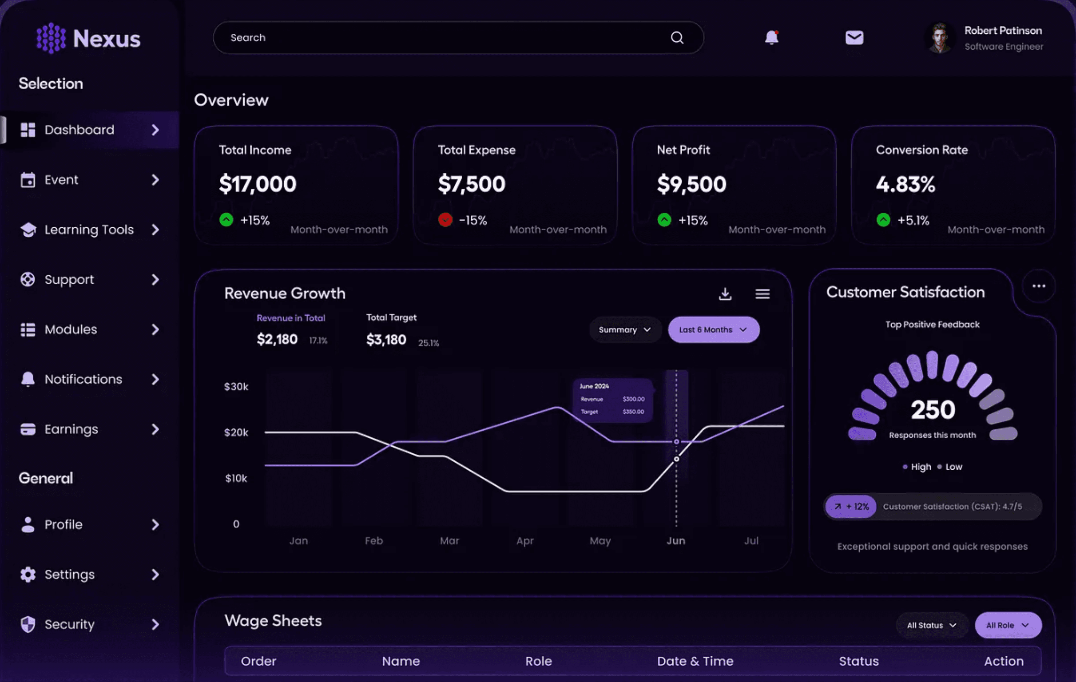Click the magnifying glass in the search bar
(x=677, y=38)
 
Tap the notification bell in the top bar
(x=771, y=38)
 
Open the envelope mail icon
(x=854, y=38)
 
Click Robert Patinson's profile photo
(x=940, y=38)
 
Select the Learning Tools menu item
(x=89, y=230)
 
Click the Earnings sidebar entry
(x=71, y=429)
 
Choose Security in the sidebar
(x=69, y=624)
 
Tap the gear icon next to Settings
(x=28, y=574)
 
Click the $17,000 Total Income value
(x=258, y=184)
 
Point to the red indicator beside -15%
(x=445, y=220)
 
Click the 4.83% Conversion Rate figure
(x=905, y=184)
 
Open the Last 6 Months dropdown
(x=713, y=330)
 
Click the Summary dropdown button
(x=624, y=330)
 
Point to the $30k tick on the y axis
(x=236, y=387)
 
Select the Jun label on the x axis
(x=675, y=541)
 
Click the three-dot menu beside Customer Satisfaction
(x=1038, y=286)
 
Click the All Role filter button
(x=1008, y=625)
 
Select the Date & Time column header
(x=695, y=661)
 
